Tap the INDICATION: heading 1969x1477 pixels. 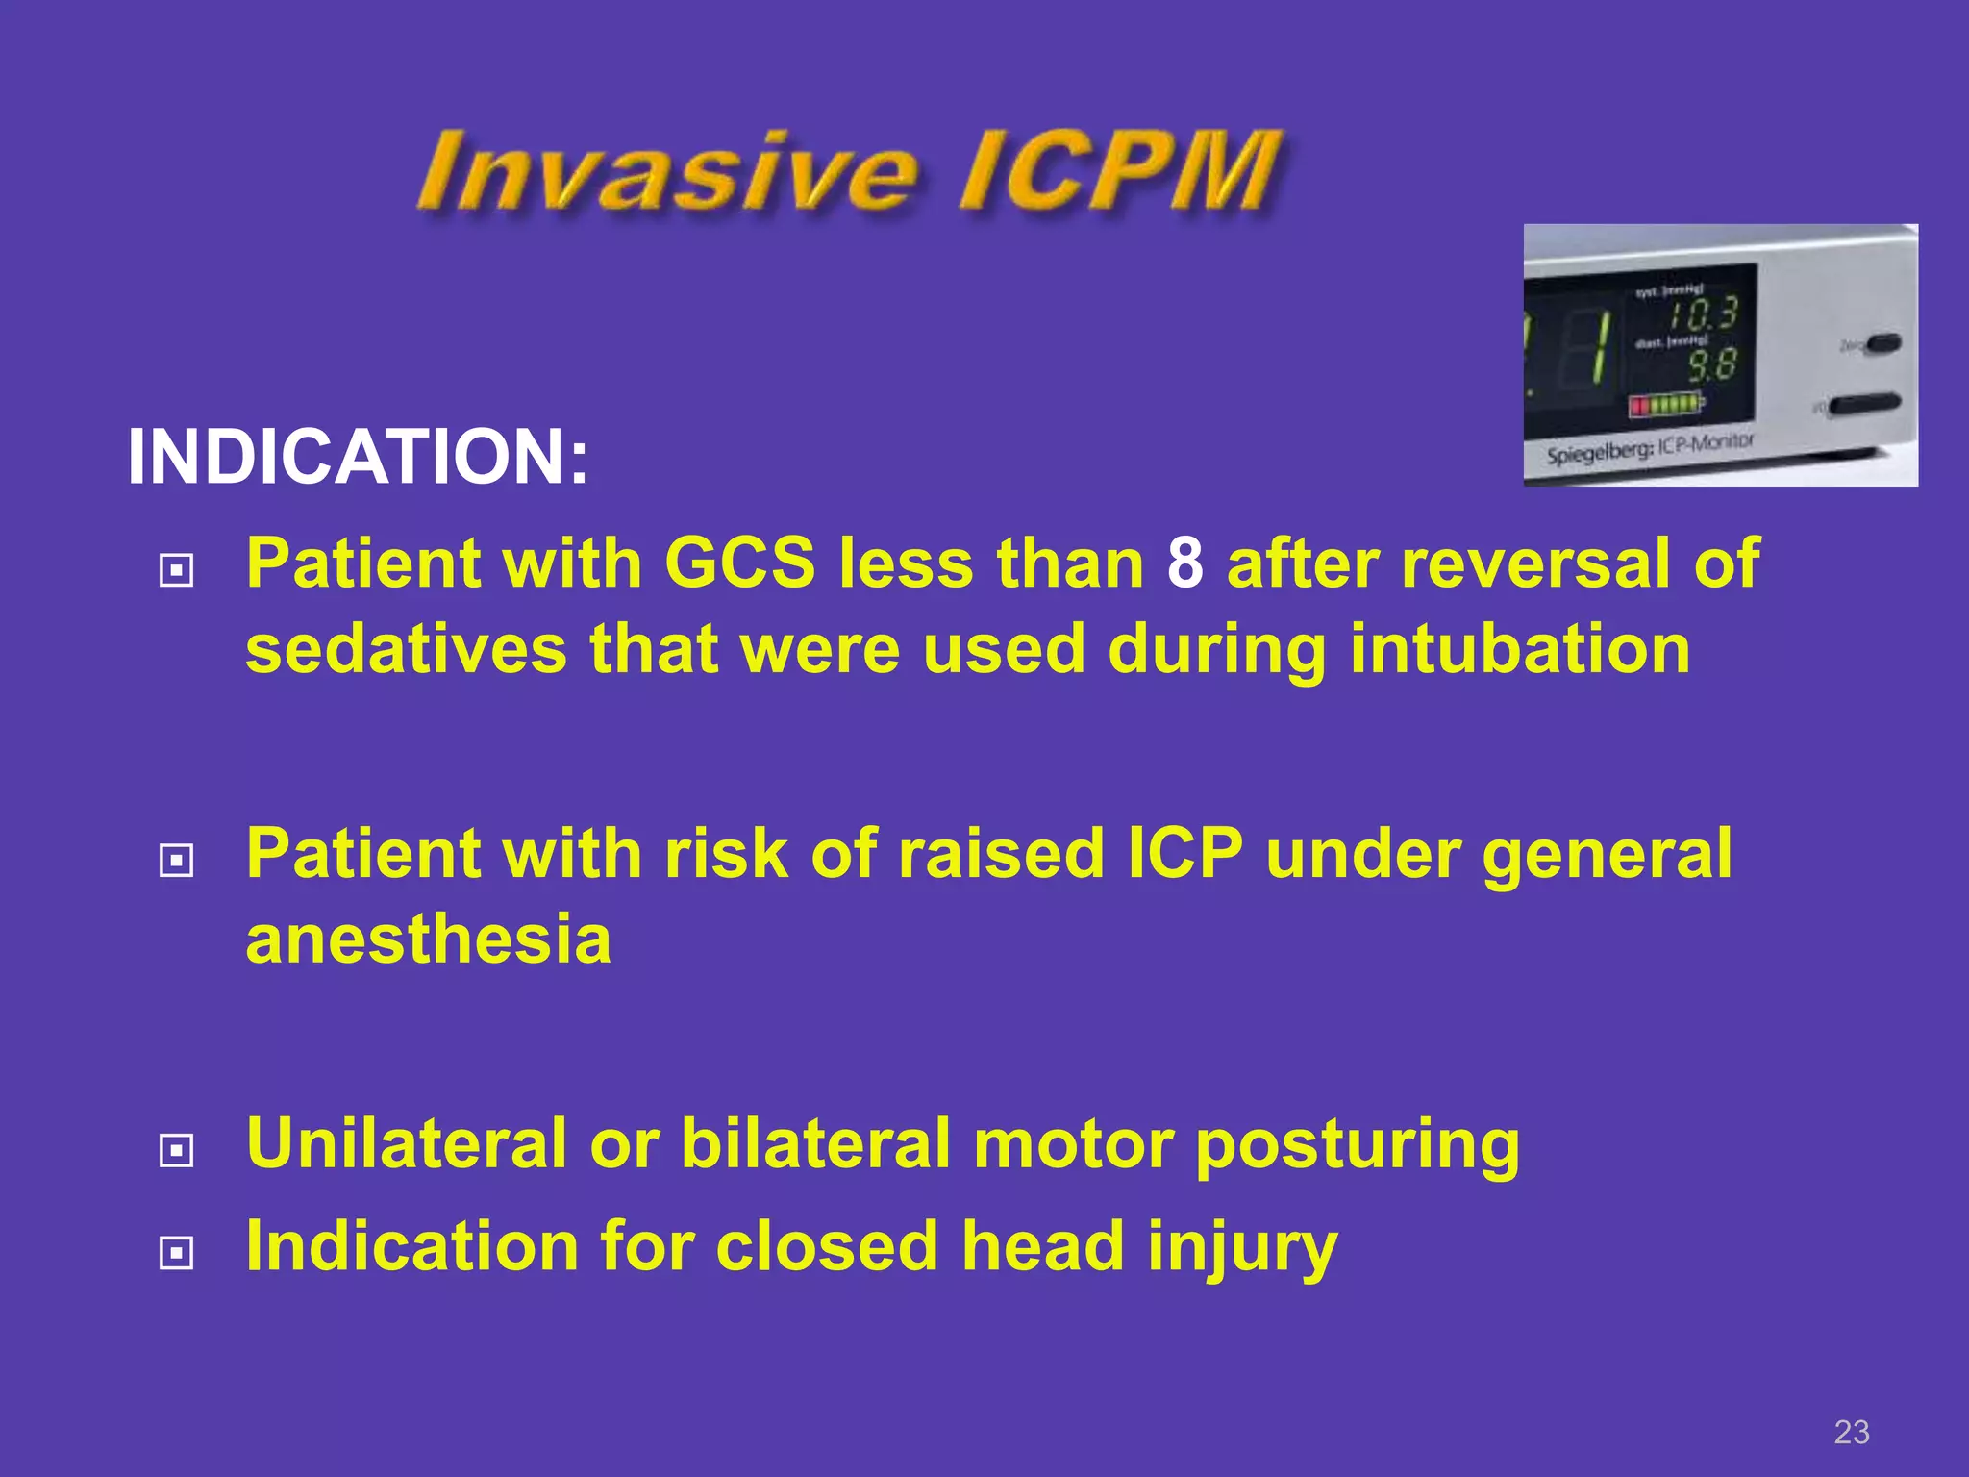click(358, 457)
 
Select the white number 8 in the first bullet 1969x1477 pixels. click(1184, 563)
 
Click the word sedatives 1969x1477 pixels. click(406, 649)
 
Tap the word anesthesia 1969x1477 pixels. click(429, 939)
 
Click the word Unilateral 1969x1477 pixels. click(406, 1143)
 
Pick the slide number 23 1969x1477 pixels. click(1851, 1432)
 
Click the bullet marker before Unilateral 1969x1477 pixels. click(176, 1150)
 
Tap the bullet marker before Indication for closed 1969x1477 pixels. click(176, 1253)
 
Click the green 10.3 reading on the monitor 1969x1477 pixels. click(1703, 314)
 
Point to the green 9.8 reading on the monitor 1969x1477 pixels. click(1712, 365)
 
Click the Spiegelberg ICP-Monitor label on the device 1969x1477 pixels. click(1650, 449)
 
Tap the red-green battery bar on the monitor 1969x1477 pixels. click(1665, 405)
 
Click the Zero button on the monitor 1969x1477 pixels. click(1880, 343)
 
